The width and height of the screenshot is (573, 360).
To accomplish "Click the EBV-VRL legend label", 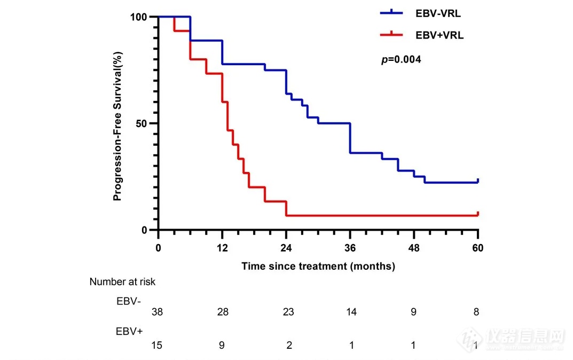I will coord(438,13).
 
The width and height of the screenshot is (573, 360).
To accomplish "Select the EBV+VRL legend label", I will coord(439,35).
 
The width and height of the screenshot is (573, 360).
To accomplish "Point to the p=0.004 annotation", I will coord(401,60).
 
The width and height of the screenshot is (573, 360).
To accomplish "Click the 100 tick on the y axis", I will coord(139,17).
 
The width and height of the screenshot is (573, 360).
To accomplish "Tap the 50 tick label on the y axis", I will coord(142,123).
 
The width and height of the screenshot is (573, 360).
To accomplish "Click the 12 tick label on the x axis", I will coord(222,248).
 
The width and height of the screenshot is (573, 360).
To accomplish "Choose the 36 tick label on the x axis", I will coord(350,248).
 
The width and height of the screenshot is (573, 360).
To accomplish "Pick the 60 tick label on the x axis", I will coord(478,248).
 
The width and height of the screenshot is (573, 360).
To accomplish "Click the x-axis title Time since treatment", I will coord(318,266).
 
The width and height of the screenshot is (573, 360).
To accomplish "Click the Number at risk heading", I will coord(122,281).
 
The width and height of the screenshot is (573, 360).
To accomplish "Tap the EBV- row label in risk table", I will coord(129,300).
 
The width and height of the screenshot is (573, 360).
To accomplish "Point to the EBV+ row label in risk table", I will coord(129,331).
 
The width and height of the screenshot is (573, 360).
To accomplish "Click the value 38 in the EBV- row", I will coord(158,312).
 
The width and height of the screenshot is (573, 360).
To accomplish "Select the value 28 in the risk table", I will coord(222,312).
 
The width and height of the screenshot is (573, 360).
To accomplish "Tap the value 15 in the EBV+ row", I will coord(158,345).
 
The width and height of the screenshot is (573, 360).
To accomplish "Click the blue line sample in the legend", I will coord(393,13).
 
